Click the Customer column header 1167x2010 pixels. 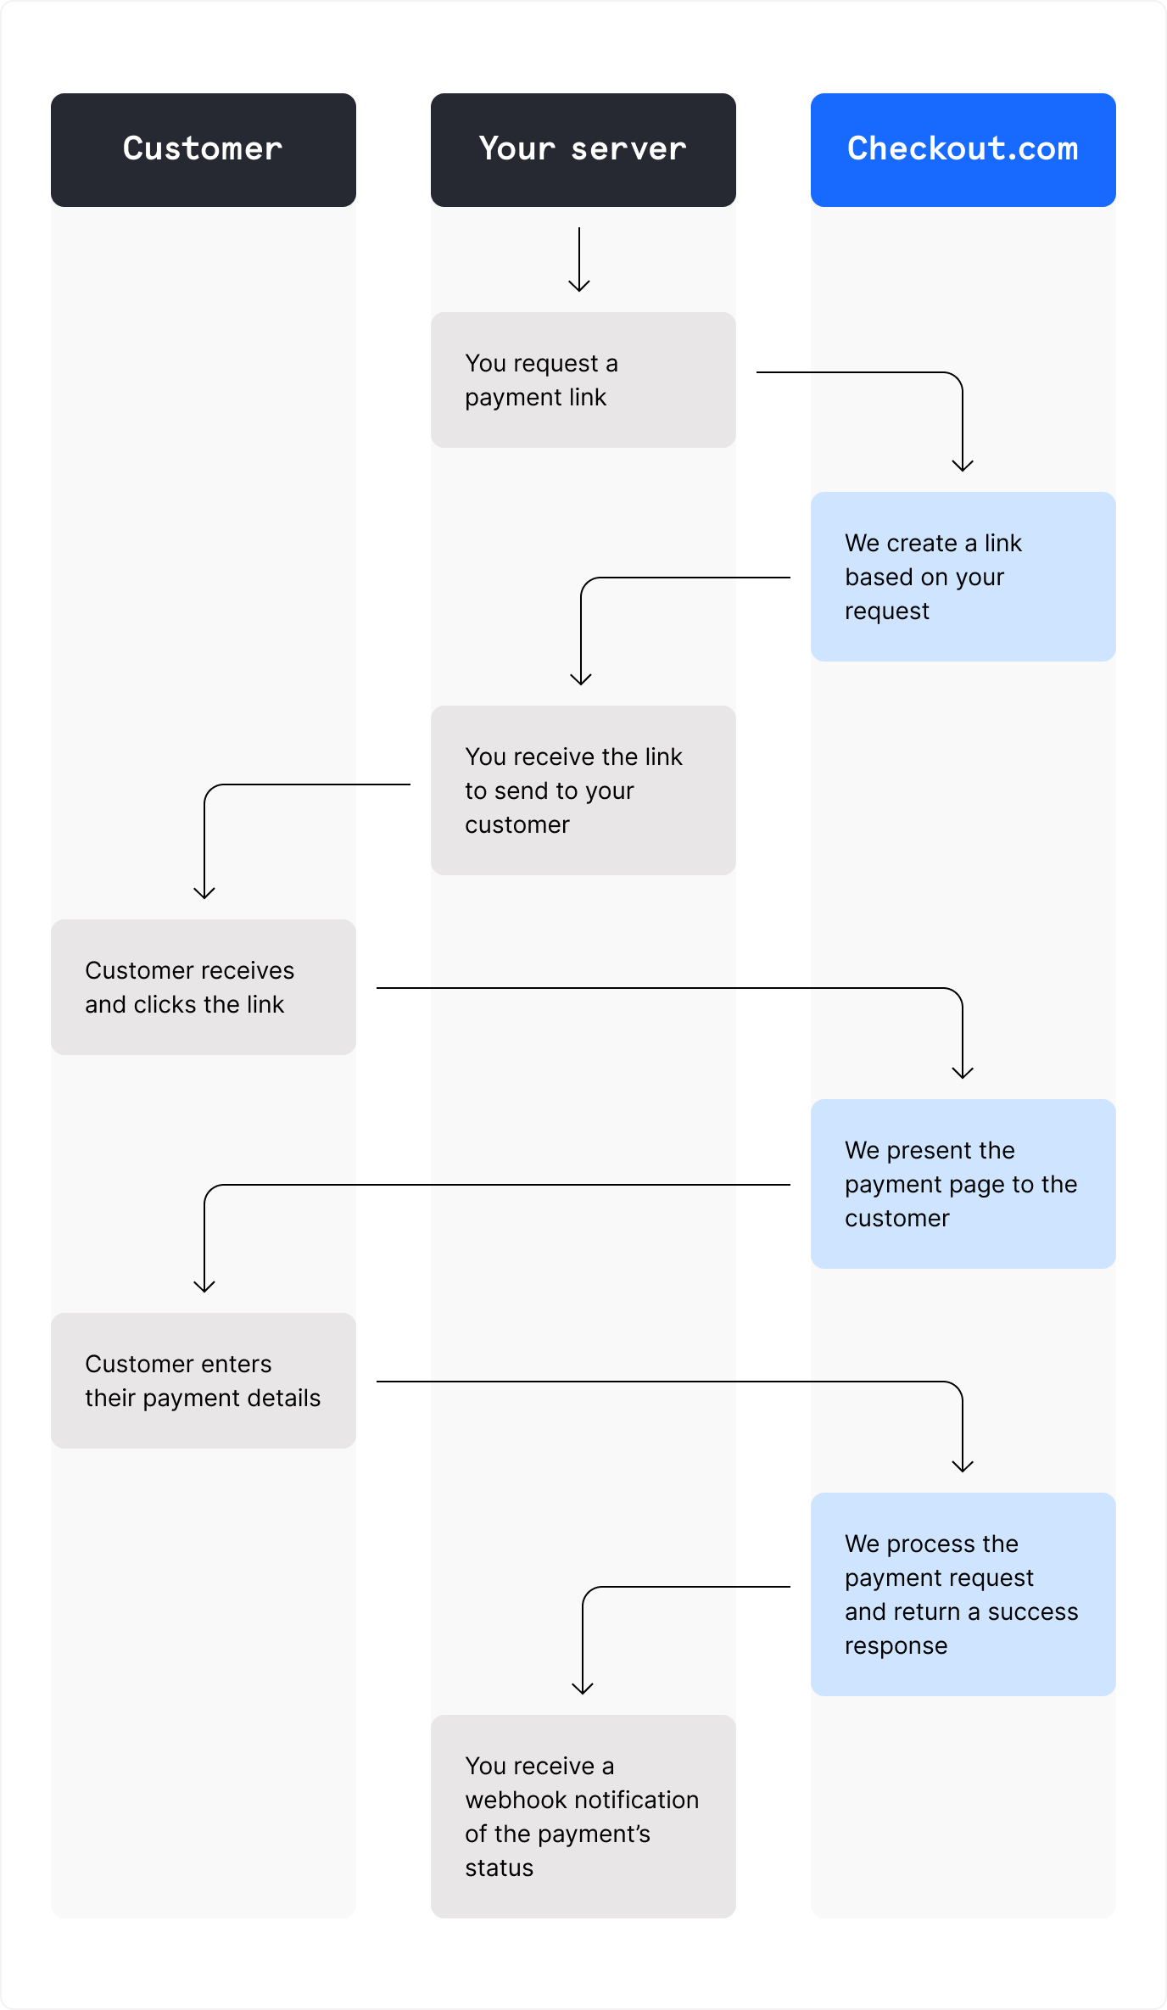[x=203, y=149]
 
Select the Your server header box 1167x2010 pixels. [x=583, y=149]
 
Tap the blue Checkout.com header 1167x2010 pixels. [x=963, y=149]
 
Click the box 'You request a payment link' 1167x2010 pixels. [x=583, y=380]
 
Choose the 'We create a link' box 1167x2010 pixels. [x=963, y=577]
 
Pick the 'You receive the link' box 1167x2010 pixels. [x=583, y=790]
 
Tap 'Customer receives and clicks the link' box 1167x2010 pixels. [x=203, y=987]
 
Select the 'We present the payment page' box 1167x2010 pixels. [x=963, y=1184]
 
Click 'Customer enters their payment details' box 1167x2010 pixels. [x=203, y=1381]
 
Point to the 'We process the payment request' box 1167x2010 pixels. [x=963, y=1594]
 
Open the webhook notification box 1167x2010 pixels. [x=583, y=1817]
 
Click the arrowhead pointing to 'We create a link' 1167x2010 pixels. [x=963, y=466]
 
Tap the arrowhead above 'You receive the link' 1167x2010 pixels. [x=581, y=679]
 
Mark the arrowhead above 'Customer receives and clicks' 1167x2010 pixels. [x=204, y=893]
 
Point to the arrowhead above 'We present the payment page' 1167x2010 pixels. [x=963, y=1073]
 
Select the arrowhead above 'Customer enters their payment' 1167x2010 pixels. [x=204, y=1287]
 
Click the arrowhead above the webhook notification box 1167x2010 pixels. [x=583, y=1689]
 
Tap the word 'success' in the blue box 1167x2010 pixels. [x=1033, y=1611]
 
